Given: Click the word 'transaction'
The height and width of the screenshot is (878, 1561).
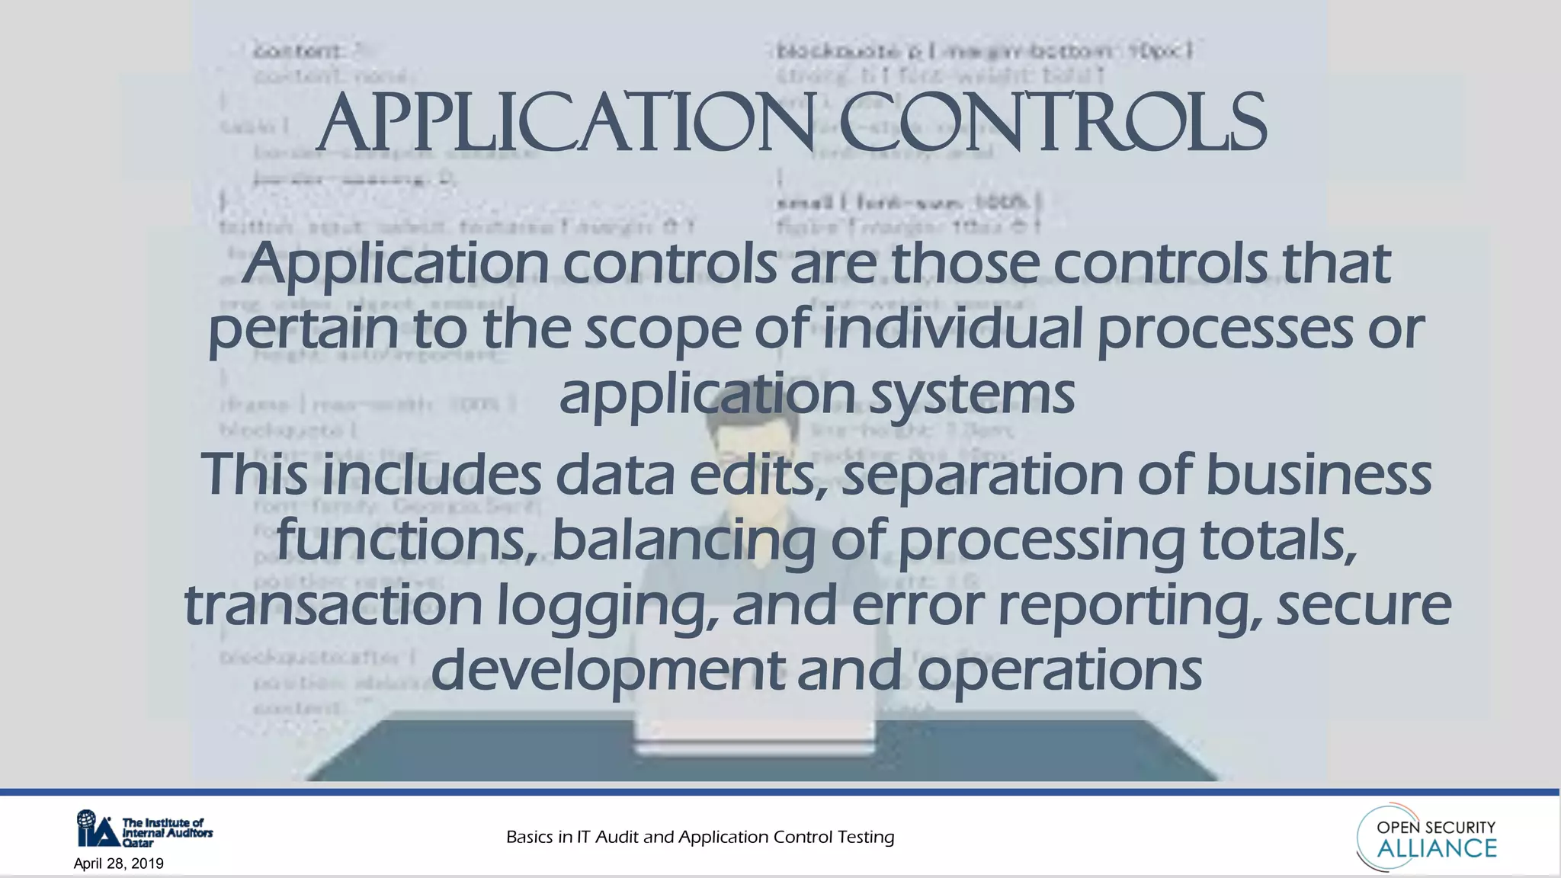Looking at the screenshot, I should tap(333, 605).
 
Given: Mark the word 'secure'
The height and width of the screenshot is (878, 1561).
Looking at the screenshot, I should tap(1364, 605).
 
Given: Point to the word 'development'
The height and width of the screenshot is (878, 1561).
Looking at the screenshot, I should tap(607, 671).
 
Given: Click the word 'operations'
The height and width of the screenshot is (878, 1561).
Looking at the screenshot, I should tap(1059, 671).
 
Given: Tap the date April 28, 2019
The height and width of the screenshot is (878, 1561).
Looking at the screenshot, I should tap(118, 864).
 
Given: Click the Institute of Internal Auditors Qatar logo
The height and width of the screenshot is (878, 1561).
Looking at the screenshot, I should tap(144, 828).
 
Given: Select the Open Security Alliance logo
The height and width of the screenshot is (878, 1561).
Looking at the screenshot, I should tap(1427, 838).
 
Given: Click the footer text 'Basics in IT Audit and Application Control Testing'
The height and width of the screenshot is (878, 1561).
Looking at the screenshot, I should tap(700, 837).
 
